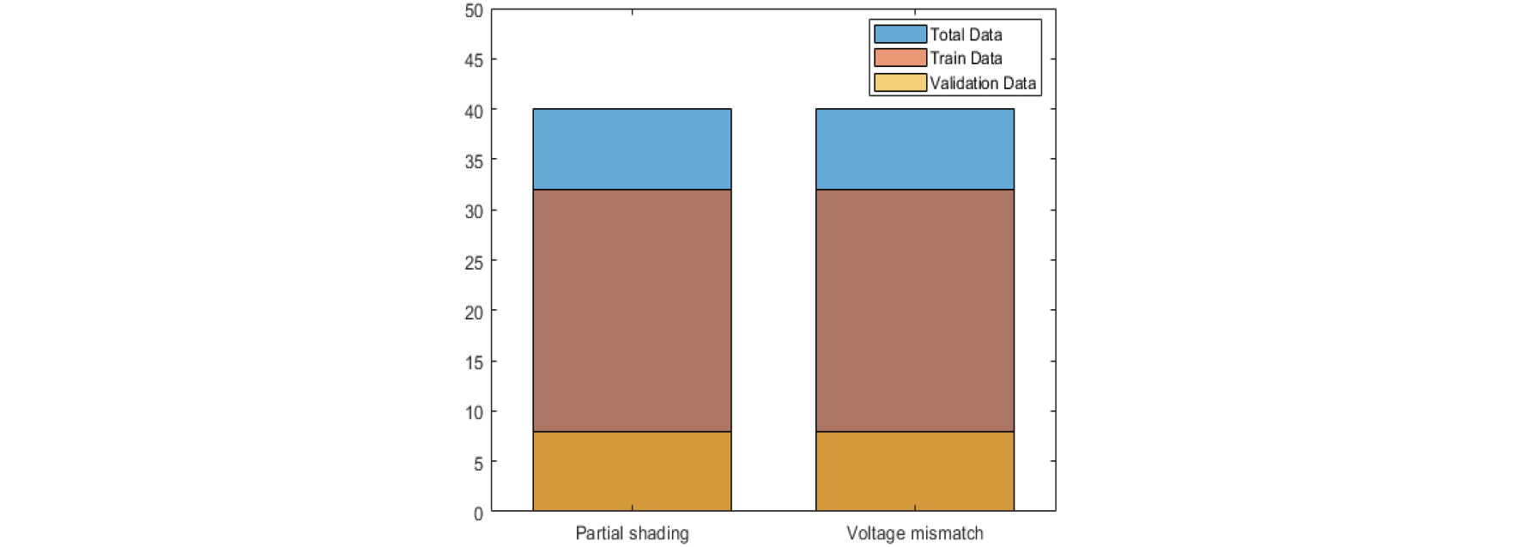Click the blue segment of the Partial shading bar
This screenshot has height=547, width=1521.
tap(632, 149)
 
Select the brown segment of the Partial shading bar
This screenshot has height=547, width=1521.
tap(632, 310)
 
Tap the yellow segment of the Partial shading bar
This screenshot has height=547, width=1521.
tap(632, 471)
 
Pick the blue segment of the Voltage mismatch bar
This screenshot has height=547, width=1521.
tap(914, 149)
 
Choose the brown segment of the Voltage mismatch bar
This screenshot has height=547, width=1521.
tap(914, 310)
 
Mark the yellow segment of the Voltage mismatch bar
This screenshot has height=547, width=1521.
tap(914, 471)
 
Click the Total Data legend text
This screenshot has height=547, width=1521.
tap(966, 34)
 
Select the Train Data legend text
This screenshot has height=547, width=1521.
tap(966, 58)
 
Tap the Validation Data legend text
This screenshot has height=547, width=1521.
tap(983, 83)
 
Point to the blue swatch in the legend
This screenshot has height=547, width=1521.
tap(900, 34)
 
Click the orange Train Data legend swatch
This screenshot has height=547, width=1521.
tap(900, 58)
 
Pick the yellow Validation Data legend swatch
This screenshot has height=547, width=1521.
tap(900, 82)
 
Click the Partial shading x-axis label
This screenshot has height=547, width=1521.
tap(632, 533)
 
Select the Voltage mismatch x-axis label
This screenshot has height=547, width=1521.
tap(914, 533)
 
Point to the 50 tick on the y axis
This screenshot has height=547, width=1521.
tap(474, 11)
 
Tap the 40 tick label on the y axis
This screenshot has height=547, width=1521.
tap(474, 112)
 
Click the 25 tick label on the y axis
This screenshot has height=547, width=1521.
tap(474, 263)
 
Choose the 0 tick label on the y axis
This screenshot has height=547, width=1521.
tap(478, 514)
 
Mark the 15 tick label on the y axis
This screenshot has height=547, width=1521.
tap(474, 363)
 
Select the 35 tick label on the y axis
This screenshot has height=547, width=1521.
tap(474, 161)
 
